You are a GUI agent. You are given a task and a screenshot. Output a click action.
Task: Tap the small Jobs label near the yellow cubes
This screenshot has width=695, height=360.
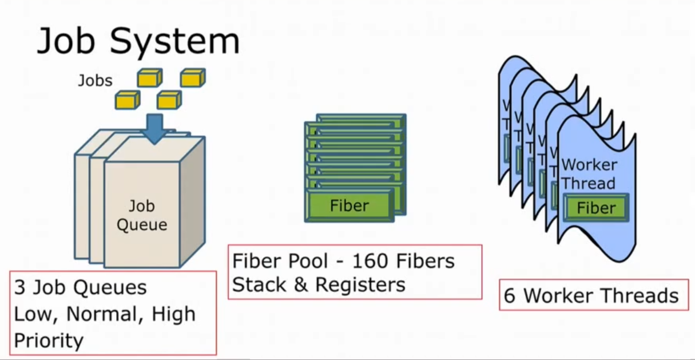(95, 81)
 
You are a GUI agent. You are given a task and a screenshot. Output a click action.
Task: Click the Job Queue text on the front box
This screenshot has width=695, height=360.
(142, 215)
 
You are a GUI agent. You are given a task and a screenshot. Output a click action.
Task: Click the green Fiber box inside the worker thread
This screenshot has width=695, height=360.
(596, 208)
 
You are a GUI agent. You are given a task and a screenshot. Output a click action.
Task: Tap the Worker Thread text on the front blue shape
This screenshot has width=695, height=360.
(589, 174)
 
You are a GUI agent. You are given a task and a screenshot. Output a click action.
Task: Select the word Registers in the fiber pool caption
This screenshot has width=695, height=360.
(360, 284)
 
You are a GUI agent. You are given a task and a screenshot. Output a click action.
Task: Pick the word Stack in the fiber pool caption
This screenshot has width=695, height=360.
(260, 284)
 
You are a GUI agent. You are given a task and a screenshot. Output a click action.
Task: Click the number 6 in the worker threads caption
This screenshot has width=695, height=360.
(509, 296)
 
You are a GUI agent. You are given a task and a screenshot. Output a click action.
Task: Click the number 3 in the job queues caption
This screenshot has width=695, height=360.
(19, 288)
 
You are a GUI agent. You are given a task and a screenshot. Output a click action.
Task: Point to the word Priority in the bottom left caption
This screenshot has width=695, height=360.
(49, 341)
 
